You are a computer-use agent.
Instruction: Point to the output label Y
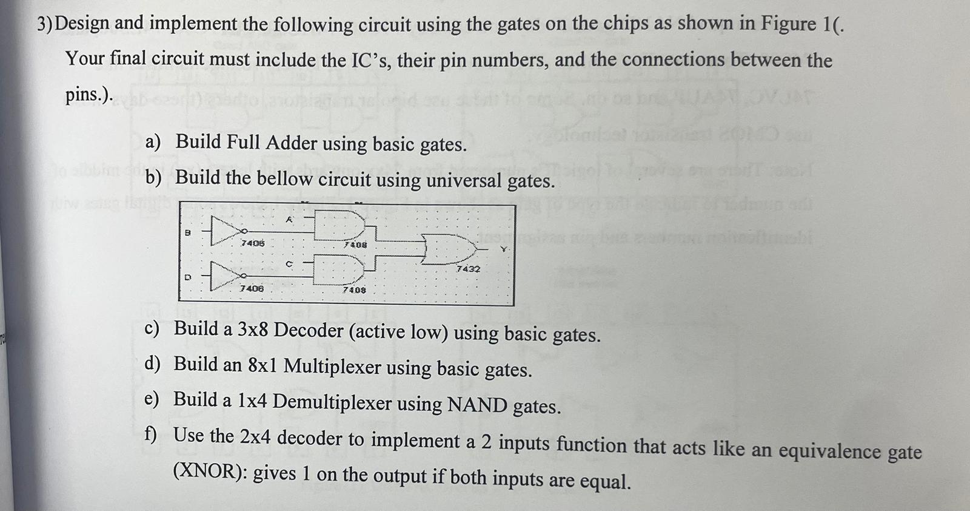pos(502,249)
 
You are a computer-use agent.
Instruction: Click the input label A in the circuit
pos(289,220)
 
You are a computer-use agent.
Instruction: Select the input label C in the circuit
pos(289,264)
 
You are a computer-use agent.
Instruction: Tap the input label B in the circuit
pos(187,232)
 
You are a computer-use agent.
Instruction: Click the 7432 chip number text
pos(468,268)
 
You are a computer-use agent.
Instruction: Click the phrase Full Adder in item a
pos(271,143)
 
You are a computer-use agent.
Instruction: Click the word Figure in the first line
pos(789,24)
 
